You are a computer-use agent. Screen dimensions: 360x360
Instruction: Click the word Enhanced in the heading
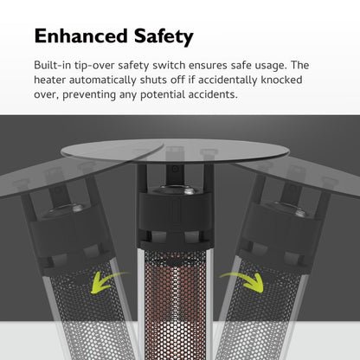pos(80,35)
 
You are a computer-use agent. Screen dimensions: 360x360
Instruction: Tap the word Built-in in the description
pos(52,65)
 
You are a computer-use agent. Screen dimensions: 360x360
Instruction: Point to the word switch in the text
pos(169,65)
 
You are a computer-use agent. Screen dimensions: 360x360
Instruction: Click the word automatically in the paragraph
pos(103,80)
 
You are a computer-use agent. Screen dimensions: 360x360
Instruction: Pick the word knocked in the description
pos(281,80)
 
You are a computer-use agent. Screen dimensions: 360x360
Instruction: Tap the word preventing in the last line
pos(89,95)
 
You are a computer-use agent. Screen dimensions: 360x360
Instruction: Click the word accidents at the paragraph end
pos(213,94)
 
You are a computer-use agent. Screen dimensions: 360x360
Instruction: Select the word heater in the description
pos(49,80)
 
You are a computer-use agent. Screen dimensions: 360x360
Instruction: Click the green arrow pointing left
pos(107,281)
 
